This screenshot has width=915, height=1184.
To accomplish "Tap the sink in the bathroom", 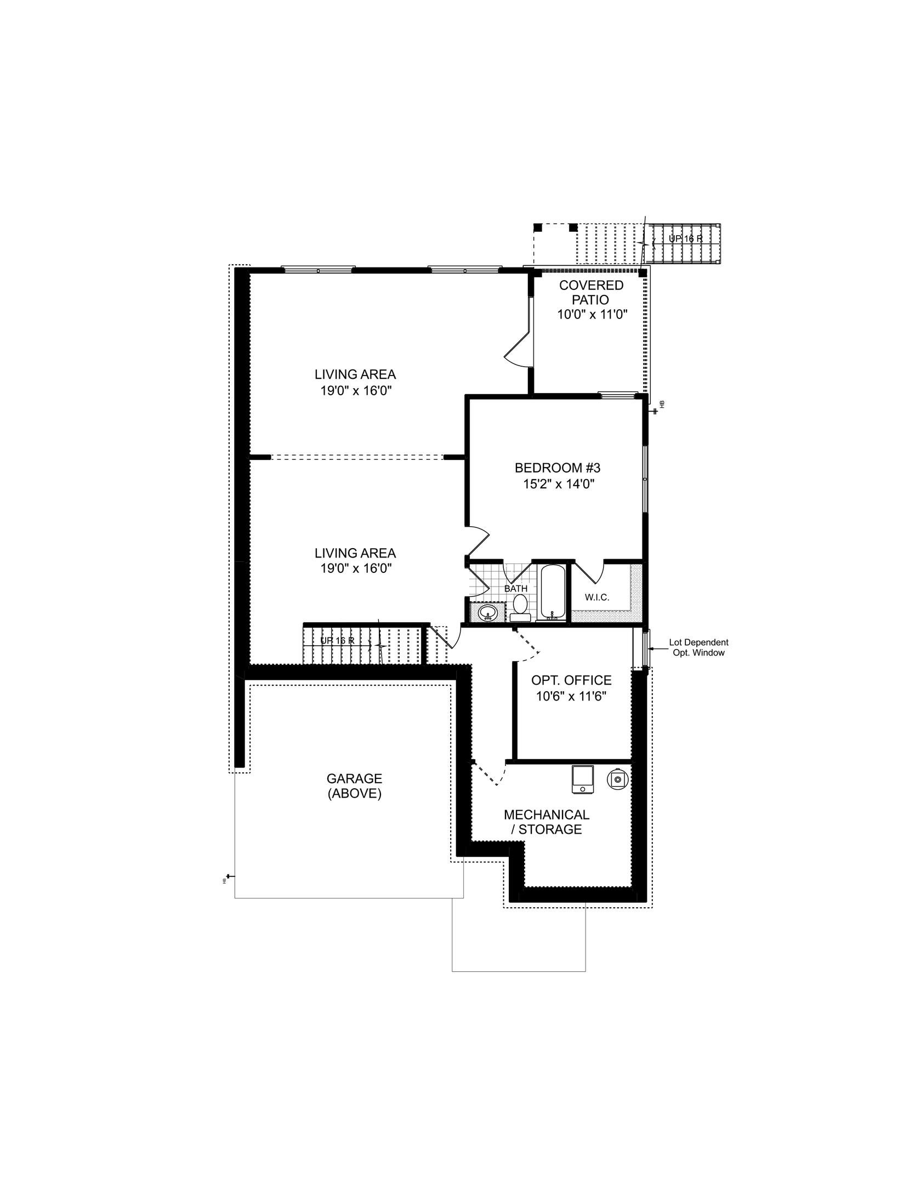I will [487, 613].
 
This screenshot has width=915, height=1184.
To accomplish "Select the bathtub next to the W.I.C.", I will [552, 593].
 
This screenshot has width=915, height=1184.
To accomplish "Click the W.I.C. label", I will [596, 597].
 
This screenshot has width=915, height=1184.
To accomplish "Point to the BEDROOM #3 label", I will [558, 468].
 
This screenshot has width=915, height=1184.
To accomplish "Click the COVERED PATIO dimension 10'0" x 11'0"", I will [592, 315].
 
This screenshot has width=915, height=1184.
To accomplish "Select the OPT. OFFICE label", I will [571, 680].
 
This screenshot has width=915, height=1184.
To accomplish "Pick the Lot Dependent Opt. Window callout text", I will [698, 647].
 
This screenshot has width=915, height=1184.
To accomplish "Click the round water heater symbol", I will [617, 779].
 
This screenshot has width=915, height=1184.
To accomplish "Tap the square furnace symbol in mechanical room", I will [582, 779].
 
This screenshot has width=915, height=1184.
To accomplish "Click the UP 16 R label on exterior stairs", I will [685, 239].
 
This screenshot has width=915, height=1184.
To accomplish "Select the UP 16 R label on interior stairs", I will [337, 640].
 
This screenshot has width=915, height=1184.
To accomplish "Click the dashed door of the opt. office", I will [527, 644].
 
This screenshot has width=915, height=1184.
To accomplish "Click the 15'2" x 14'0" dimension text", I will [558, 484].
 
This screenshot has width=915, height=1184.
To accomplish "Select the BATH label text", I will [515, 589].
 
